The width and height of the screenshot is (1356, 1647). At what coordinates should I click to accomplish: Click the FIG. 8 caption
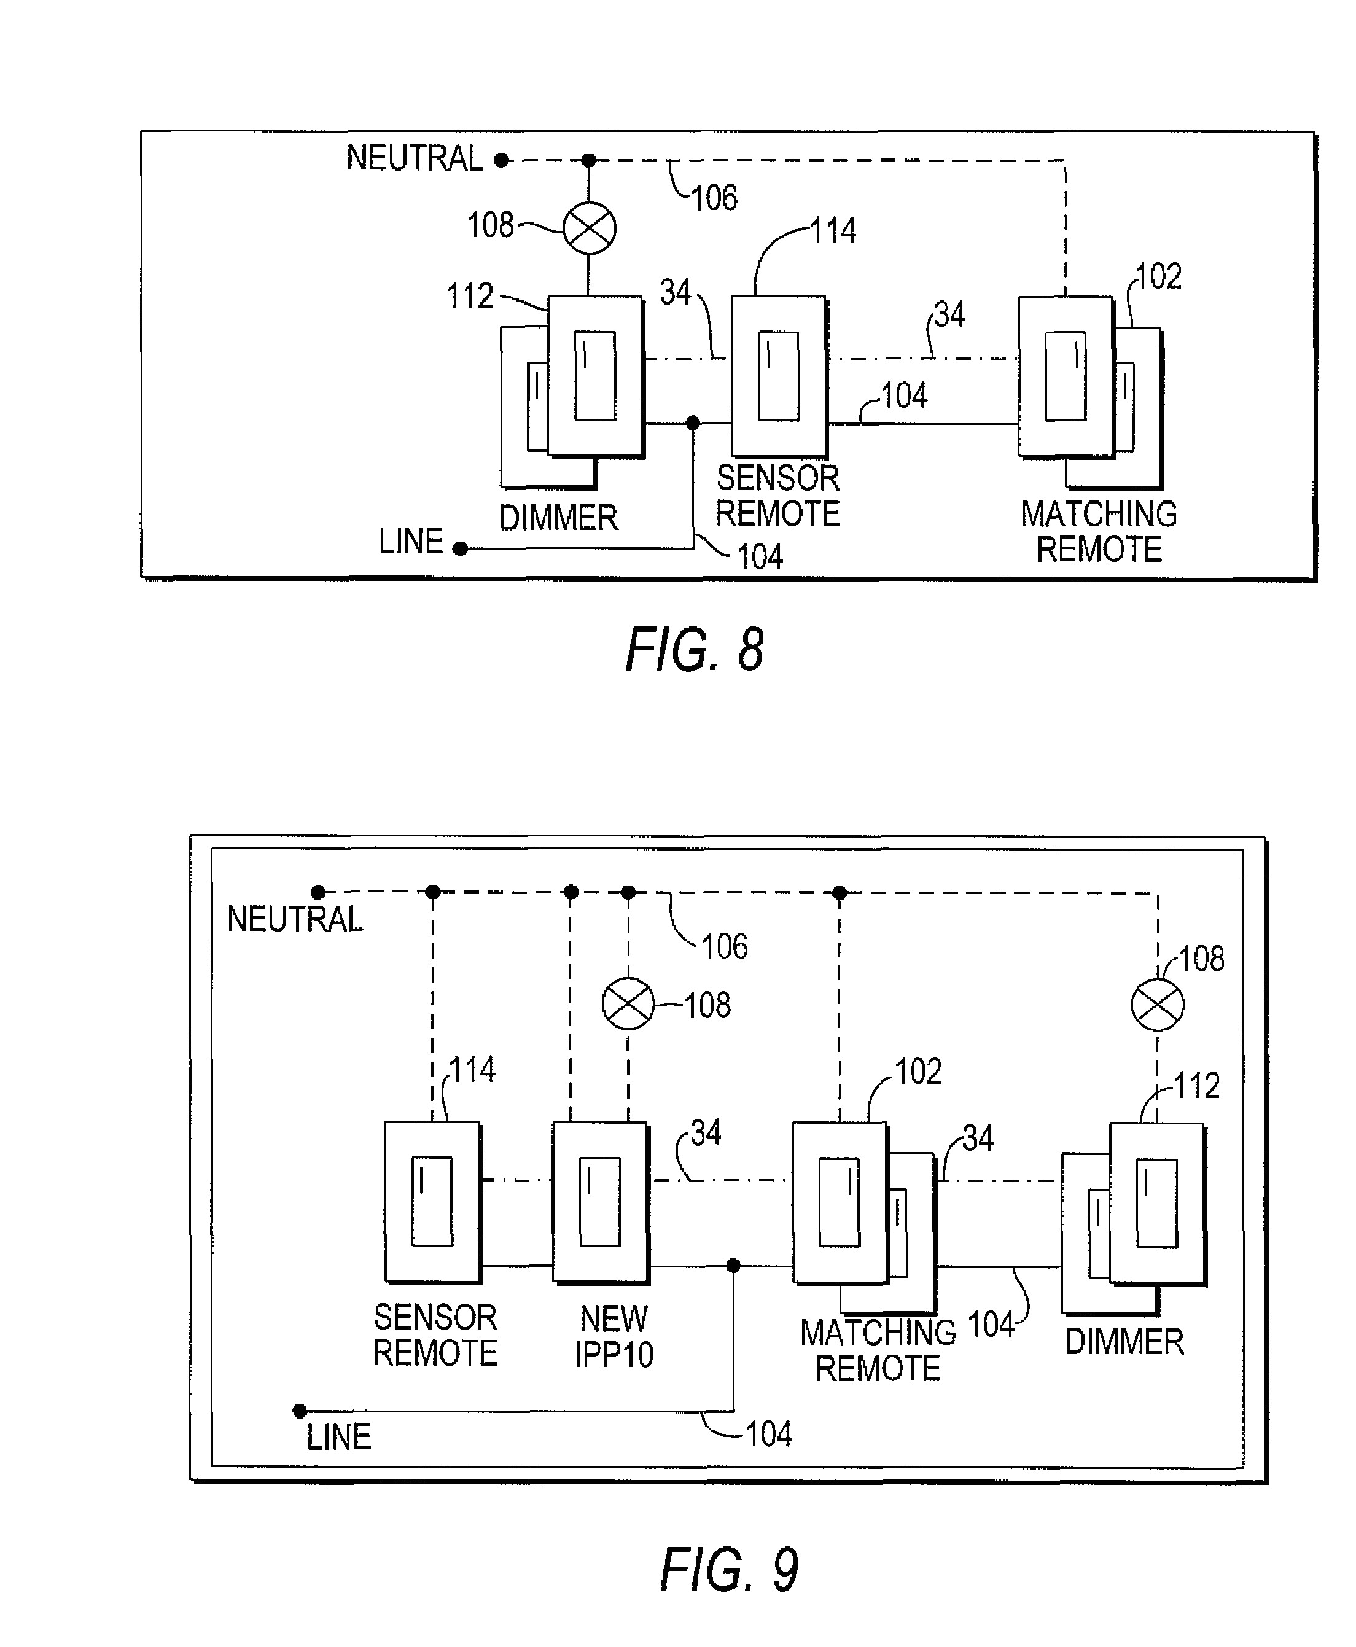(x=695, y=650)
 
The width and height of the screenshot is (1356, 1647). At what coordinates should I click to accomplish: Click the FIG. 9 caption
(x=729, y=1569)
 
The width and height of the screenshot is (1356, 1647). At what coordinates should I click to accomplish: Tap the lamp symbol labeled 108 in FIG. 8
(x=590, y=228)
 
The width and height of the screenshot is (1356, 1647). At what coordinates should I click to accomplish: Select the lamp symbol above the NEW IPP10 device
(x=628, y=1003)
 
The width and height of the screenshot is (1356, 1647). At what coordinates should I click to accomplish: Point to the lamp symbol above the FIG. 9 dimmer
(x=1157, y=1004)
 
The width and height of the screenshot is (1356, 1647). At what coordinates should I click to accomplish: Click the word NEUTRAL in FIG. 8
(x=415, y=158)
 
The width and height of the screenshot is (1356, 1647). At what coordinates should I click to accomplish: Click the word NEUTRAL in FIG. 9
(x=295, y=919)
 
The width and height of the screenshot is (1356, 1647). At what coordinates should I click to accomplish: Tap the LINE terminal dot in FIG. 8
(x=460, y=549)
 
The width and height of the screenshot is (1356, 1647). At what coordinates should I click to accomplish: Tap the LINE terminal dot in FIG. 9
(x=299, y=1411)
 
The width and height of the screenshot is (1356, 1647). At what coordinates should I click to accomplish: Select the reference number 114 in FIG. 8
(x=833, y=232)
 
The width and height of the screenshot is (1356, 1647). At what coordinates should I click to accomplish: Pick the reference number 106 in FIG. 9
(x=724, y=946)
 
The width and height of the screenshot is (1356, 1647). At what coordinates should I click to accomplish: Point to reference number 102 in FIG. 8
(x=1158, y=276)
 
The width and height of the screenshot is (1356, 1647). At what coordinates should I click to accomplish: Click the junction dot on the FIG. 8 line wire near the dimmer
(x=692, y=423)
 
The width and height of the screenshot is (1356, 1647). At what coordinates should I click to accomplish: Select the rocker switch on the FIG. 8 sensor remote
(x=778, y=376)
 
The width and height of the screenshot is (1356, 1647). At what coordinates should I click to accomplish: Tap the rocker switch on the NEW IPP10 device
(x=600, y=1202)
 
